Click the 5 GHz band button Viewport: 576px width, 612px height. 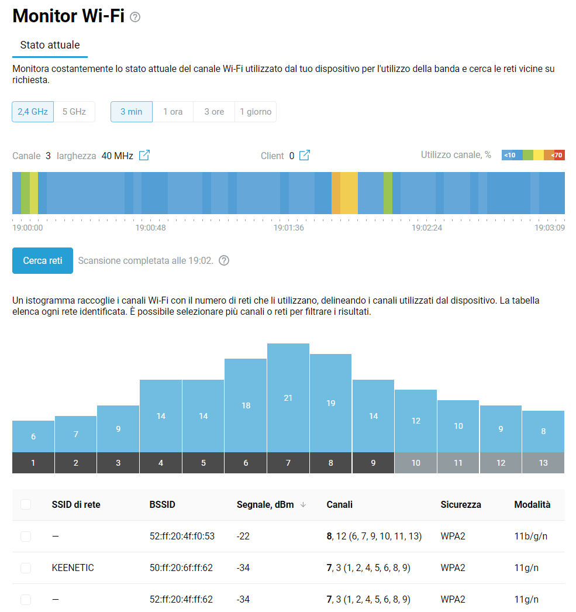(74, 112)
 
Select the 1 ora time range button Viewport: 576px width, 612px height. (173, 112)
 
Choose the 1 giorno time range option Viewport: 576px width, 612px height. (256, 112)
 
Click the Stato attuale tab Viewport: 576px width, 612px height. (50, 45)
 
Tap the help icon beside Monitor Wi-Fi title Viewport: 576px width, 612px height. (135, 18)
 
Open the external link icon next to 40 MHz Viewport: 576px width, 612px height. (144, 156)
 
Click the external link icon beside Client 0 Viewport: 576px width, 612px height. (305, 156)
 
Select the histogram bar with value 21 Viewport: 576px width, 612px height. (288, 398)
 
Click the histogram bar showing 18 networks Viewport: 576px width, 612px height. (246, 405)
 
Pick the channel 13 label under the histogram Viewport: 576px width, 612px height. (543, 463)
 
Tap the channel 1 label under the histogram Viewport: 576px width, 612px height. (33, 463)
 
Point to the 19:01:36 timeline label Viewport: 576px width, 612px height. (289, 228)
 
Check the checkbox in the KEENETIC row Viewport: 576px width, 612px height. (26, 568)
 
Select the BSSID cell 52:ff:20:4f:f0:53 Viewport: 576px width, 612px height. (182, 537)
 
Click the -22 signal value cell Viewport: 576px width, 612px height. (243, 537)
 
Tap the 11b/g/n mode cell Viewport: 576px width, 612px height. (530, 537)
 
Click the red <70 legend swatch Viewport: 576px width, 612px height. (557, 155)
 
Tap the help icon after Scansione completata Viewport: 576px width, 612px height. (223, 261)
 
